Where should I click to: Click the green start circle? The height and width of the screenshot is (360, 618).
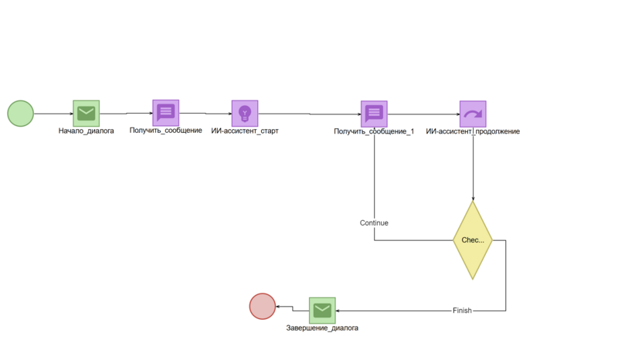tap(21, 114)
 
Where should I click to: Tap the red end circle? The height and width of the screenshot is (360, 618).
tap(263, 307)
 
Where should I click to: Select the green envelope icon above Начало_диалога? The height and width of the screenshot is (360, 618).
tap(87, 114)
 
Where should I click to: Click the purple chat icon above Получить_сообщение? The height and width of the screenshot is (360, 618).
tap(165, 113)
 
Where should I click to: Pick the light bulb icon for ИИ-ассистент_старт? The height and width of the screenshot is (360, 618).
tap(245, 114)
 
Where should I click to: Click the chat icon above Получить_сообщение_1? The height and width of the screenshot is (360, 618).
tap(374, 114)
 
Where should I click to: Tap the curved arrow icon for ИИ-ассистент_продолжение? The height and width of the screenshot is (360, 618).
tap(473, 114)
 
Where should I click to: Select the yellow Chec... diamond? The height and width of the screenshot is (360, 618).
tap(473, 240)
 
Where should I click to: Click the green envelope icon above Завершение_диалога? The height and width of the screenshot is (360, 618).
tap(322, 311)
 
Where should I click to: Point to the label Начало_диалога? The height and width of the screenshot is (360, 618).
tap(87, 131)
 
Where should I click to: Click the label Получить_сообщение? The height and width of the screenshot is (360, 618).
tap(165, 131)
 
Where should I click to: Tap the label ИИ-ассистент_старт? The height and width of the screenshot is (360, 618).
tap(245, 131)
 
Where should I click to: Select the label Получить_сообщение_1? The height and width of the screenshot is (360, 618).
tap(374, 131)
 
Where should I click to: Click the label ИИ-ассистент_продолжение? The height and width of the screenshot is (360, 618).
tap(473, 131)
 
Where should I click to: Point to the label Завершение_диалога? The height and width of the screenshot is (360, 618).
tap(322, 328)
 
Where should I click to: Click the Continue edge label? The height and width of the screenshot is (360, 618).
tap(374, 222)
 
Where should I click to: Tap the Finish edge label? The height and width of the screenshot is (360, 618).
tap(462, 311)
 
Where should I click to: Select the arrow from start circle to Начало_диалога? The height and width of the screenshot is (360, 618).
tap(53, 114)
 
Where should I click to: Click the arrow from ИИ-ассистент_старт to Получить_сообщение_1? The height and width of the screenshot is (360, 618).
tap(309, 114)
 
